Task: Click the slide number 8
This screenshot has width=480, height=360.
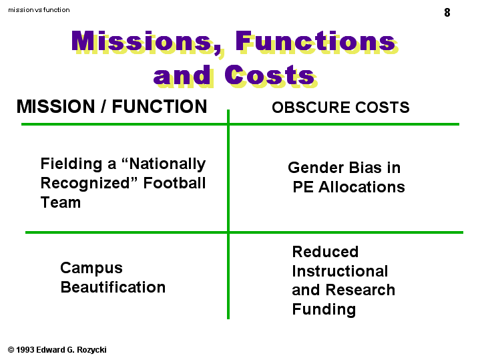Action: coord(447,13)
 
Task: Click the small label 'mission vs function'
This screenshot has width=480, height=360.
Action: coord(39,10)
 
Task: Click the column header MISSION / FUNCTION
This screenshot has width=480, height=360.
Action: coord(111,106)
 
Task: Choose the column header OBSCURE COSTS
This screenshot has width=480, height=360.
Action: coord(340,108)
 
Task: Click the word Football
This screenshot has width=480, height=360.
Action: coord(174,183)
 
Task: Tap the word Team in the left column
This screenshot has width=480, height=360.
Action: coord(61,202)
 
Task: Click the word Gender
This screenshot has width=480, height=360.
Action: coord(316,168)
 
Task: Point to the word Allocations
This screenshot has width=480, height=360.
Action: coord(362,186)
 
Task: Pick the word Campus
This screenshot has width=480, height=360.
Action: coord(91,268)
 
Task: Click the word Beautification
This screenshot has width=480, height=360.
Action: coord(113,287)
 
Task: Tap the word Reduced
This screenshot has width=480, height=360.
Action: coord(325,252)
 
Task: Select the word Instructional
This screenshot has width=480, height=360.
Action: coord(340,271)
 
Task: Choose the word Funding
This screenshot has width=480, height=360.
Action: coord(324,309)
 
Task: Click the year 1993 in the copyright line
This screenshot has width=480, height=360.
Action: coord(25,349)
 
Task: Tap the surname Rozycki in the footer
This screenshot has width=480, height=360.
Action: coord(91,350)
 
